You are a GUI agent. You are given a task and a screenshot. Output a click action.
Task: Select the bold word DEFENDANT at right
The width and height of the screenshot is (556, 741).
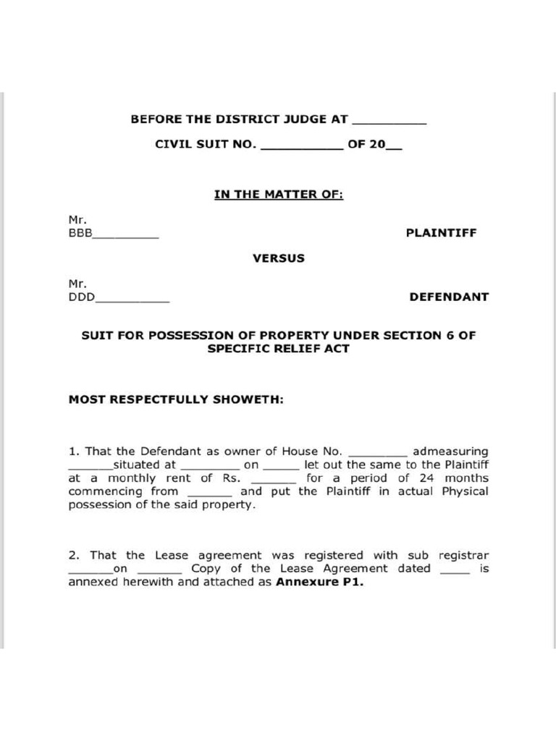point(448,297)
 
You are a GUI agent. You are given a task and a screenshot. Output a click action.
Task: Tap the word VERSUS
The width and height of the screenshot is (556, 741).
point(278,258)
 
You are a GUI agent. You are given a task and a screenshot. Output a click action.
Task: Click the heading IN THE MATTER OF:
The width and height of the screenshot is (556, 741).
point(278,194)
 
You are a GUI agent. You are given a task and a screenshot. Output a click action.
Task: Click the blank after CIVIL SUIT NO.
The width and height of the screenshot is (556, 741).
point(300,148)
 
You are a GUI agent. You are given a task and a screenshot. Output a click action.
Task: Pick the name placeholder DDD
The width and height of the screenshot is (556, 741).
point(81,297)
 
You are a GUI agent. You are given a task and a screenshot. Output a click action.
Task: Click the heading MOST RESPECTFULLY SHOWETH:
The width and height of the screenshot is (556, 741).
point(176,399)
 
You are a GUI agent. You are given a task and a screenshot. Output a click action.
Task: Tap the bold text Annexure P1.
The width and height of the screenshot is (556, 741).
point(319,582)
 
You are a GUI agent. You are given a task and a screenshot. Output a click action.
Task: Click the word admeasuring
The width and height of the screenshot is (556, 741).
point(450,452)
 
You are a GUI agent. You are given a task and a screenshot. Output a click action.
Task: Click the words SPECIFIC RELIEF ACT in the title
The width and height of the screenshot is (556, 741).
point(278,349)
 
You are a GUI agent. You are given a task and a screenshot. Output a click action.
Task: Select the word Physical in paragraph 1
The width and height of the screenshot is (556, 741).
point(462,491)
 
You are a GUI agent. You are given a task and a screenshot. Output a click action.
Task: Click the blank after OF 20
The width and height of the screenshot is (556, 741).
point(394,148)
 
